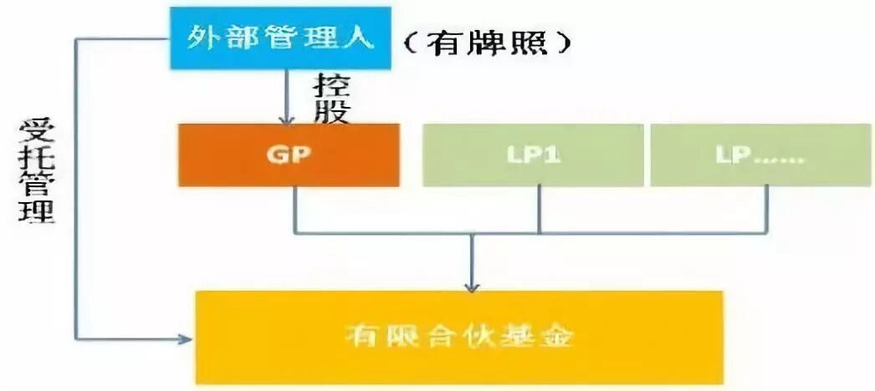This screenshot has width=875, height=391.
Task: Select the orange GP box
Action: coord(288,155)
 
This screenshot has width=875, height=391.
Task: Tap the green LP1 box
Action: coord(533,155)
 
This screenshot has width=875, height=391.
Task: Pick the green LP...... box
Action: coord(760,155)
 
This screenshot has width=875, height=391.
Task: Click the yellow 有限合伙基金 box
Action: coord(459,337)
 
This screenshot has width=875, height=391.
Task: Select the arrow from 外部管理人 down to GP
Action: coord(288,96)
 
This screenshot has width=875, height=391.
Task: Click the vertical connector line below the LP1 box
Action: coord(539,208)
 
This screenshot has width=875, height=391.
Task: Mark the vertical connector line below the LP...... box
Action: coord(768,208)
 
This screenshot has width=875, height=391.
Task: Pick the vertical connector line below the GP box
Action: coord(294,208)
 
